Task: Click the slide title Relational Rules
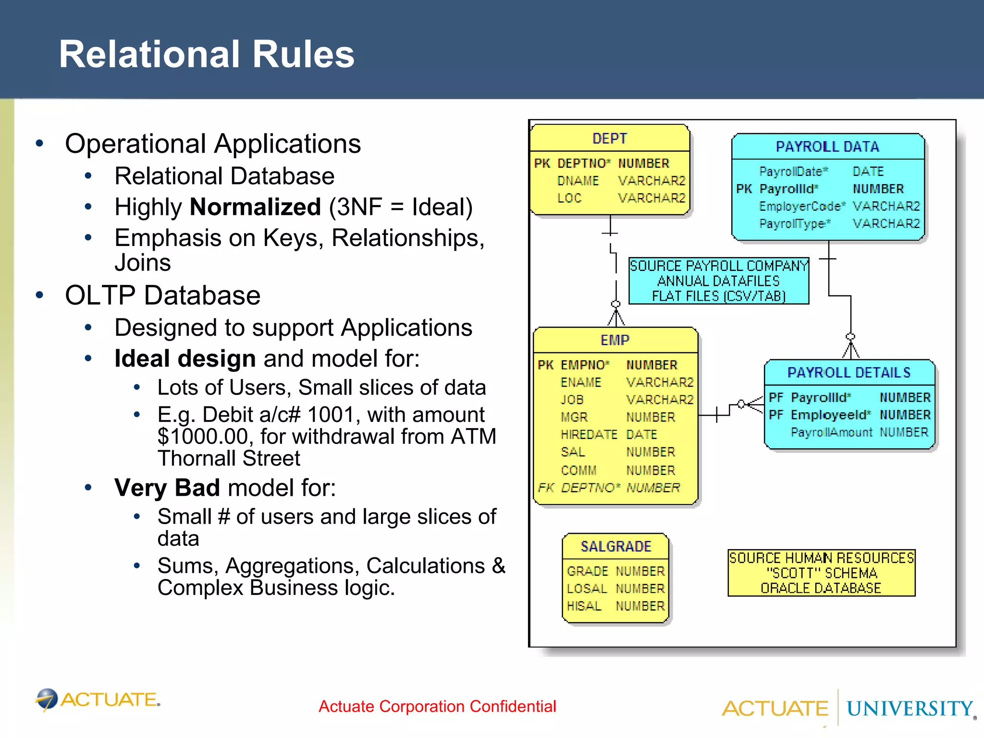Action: point(207,54)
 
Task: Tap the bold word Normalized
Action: point(255,207)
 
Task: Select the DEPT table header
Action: point(609,138)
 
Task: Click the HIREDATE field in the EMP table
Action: point(589,434)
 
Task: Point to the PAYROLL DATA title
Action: point(827,147)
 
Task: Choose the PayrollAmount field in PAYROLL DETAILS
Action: point(831,432)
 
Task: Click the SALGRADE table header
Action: point(615,546)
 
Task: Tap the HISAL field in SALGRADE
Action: point(584,606)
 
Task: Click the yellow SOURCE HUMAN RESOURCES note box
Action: point(821,573)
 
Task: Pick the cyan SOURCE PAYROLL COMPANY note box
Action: point(718,281)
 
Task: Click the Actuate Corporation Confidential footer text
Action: point(437,706)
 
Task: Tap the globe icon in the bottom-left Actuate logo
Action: point(47,699)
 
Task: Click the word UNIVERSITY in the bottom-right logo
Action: point(910,709)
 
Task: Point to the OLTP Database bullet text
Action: point(163,295)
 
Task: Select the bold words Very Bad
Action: point(167,488)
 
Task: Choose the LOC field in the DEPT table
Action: point(569,198)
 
